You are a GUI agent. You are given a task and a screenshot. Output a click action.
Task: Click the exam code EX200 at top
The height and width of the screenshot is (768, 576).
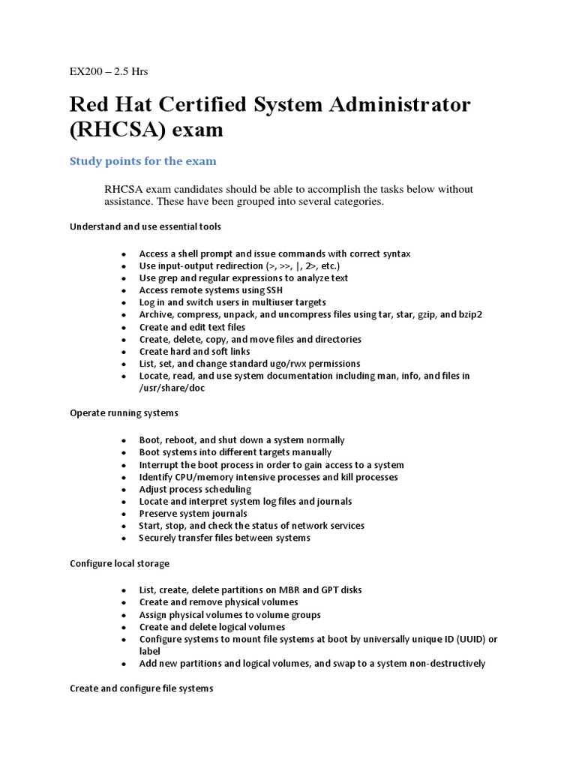[x=84, y=72]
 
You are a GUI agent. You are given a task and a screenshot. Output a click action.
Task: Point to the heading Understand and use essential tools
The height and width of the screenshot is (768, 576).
[x=145, y=226]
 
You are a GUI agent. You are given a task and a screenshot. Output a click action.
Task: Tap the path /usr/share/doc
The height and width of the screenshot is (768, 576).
[x=172, y=388]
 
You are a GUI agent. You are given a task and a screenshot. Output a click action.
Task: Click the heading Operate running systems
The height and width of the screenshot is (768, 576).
[x=124, y=413]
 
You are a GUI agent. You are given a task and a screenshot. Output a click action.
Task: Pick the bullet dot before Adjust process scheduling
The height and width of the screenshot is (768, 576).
[x=123, y=490]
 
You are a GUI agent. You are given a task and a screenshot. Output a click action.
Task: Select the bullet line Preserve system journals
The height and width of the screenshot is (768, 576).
[x=193, y=514]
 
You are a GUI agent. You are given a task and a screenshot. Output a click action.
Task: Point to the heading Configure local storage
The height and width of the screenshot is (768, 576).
[x=119, y=563]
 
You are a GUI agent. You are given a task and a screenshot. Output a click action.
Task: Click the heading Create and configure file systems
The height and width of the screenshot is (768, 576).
[x=141, y=688]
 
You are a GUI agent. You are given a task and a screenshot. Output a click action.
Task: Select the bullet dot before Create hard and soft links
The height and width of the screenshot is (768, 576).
[x=123, y=352]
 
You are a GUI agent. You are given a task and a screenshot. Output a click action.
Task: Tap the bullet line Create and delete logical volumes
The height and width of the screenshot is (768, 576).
[x=212, y=627]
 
